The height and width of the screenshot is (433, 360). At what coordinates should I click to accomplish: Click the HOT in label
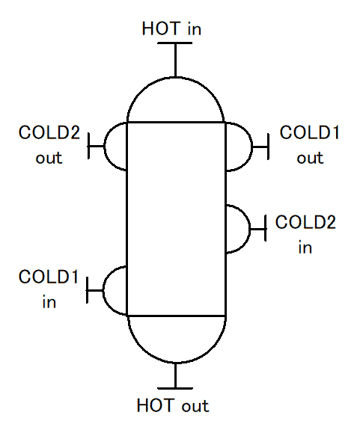coord(171,28)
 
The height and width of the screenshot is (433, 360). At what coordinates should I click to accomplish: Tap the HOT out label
coord(173,405)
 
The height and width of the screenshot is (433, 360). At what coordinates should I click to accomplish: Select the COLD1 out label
coord(309,144)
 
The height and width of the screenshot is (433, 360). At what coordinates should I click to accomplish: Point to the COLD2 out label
coord(49,144)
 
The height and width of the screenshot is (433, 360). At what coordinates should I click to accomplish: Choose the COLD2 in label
coord(305,234)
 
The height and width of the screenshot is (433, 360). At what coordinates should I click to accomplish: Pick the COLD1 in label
coord(49,289)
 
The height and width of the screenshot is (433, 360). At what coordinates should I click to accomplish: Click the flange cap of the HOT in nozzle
coord(174,43)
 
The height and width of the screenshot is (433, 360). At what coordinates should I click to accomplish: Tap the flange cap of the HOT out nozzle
coord(175,388)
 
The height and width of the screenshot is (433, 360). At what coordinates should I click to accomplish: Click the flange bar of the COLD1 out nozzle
coord(268,147)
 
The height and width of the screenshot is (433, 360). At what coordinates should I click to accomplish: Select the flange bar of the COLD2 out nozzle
coord(88,146)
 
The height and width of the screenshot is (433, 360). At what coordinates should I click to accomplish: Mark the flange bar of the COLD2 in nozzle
coord(266,228)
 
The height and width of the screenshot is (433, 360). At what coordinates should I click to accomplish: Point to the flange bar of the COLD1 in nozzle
coord(88,290)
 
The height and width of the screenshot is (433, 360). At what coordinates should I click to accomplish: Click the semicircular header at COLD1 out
coord(252,147)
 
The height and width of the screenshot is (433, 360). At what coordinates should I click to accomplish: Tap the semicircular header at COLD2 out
coord(104,146)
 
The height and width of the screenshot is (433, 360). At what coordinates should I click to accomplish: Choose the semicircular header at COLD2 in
coord(250,229)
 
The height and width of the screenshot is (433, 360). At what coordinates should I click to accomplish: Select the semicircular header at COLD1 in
coord(103,290)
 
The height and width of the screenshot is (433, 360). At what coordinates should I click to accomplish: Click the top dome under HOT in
coord(175,78)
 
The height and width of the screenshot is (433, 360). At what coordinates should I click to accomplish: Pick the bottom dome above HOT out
coord(177,362)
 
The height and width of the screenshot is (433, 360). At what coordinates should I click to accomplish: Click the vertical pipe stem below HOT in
coord(175,60)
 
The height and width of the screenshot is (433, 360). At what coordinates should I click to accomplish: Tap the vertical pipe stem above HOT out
coord(175,375)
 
